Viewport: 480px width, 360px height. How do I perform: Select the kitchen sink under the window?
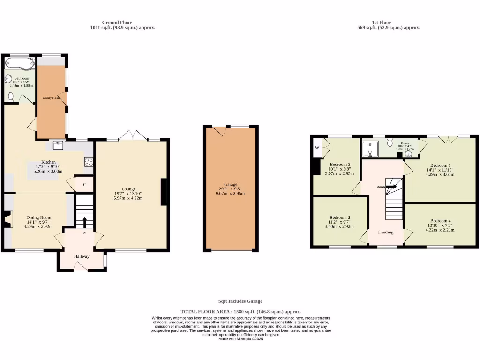click(x=59, y=145)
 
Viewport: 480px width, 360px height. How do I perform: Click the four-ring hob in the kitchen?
click(x=89, y=162)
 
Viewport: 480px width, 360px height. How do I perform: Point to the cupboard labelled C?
click(x=85, y=184)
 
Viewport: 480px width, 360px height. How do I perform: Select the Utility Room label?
click(x=52, y=97)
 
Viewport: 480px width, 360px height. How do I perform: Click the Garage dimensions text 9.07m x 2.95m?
click(x=230, y=194)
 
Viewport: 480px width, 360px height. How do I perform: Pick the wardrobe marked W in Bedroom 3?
click(x=317, y=148)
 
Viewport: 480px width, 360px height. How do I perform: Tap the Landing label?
click(x=386, y=232)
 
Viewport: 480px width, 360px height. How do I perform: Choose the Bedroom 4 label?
click(x=441, y=221)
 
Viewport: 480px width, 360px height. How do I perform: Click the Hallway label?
click(x=82, y=256)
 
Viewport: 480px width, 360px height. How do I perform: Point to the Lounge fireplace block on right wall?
click(x=164, y=192)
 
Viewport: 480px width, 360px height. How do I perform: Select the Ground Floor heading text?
click(x=117, y=22)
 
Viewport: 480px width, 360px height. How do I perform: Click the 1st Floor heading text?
click(x=381, y=22)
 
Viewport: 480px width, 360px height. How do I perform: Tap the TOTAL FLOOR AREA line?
click(x=240, y=311)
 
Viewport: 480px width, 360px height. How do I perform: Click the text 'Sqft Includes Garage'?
click(x=240, y=301)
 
